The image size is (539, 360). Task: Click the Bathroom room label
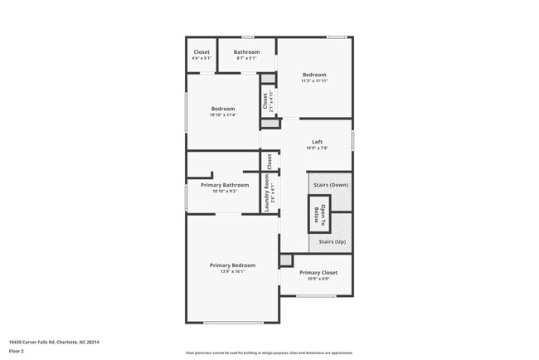(x=247, y=52)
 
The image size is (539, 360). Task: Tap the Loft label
(x=317, y=142)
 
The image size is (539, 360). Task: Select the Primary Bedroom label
(x=232, y=265)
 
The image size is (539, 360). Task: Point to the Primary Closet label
(x=318, y=272)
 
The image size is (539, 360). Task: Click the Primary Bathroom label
(x=225, y=185)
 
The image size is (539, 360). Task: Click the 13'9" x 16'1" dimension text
(x=232, y=271)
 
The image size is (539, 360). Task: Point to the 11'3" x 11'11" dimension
(x=314, y=80)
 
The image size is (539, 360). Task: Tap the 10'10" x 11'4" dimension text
(x=223, y=114)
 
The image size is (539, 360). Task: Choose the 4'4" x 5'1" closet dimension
(x=202, y=59)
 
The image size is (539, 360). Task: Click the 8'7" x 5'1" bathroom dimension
(x=247, y=59)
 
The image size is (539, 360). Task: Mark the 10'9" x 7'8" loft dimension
(x=317, y=148)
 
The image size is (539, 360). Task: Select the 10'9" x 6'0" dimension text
(x=318, y=279)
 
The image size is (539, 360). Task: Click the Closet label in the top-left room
(x=202, y=52)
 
